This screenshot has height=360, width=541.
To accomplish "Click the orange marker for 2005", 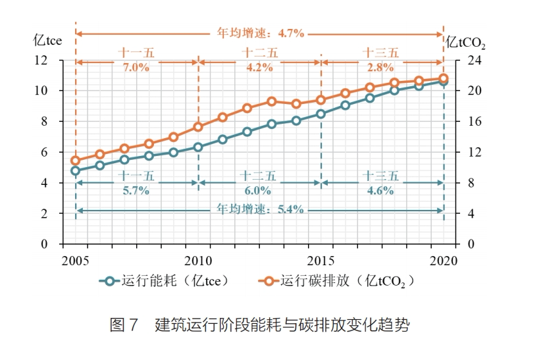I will pos(76,160).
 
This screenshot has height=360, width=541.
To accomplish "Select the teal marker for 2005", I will pos(76,171).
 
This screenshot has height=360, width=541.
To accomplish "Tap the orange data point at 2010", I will pos(198,126).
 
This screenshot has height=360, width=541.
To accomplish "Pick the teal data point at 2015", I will pos(321,114).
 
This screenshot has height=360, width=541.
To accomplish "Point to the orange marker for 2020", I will pos(444,78).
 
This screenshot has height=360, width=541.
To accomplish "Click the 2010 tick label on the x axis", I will pos(198,258).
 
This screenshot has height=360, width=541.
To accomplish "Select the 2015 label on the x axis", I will pos(321,258).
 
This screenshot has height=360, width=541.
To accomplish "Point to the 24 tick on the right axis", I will pos(465,61).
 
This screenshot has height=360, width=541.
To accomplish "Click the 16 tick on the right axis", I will pos(465,122).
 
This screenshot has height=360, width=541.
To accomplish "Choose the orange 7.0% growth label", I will pos(136,67).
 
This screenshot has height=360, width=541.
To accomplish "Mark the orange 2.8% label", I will pos(380,67).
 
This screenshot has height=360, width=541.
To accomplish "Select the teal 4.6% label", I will pos(380,191).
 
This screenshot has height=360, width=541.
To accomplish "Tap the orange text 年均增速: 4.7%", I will pos(261,32).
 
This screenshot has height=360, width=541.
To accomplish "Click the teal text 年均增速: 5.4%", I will pos(261,210).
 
